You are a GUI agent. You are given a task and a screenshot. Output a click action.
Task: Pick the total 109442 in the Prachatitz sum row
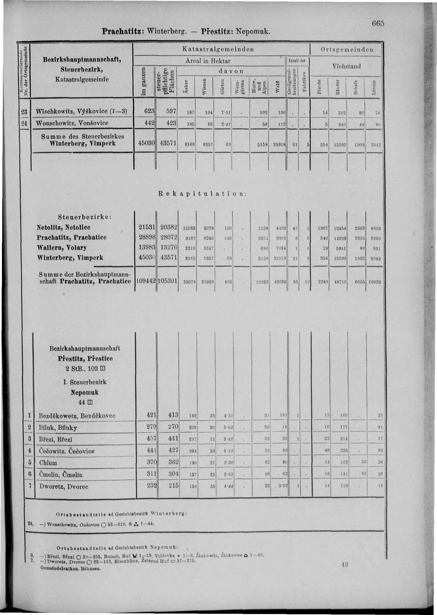(145, 281)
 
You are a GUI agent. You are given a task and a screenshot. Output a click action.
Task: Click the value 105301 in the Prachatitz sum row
(167, 281)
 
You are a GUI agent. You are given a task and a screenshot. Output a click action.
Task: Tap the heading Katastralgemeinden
(218, 49)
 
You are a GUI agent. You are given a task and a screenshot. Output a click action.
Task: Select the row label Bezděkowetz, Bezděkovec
(77, 416)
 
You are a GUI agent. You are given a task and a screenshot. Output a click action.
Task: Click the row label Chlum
(48, 463)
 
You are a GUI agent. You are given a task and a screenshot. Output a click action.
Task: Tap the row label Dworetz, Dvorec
(64, 486)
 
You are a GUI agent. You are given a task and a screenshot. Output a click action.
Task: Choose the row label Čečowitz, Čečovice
(67, 451)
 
